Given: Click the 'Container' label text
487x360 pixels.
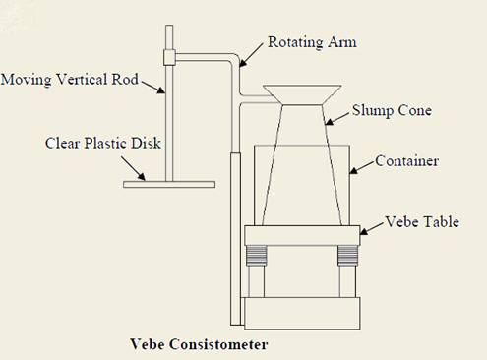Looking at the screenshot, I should pyautogui.click(x=406, y=160).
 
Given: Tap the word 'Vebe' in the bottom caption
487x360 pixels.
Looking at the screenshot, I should pyautogui.click(x=149, y=345).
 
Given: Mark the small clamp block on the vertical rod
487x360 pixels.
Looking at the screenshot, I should pyautogui.click(x=169, y=56).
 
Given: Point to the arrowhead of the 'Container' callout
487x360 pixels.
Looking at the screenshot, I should pyautogui.click(x=347, y=170).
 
